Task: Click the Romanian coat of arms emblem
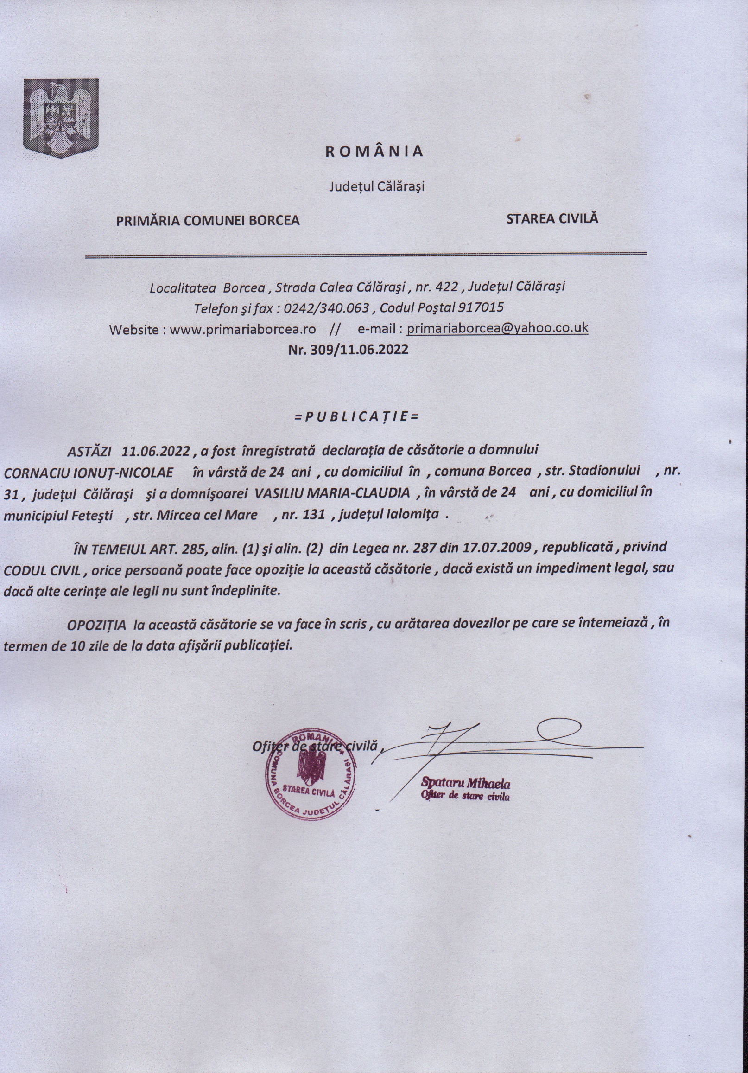pos(61,118)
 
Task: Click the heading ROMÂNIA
pos(374,151)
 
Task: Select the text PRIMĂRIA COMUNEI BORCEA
pos(208,220)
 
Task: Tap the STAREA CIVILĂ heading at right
pos(552,218)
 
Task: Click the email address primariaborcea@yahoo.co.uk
pos(497,328)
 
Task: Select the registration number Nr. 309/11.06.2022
pos(348,350)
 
